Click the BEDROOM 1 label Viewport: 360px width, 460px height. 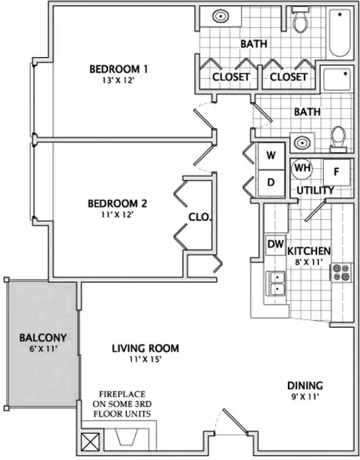tap(118, 69)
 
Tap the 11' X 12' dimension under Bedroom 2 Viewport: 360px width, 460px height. tap(118, 215)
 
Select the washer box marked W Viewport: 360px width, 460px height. tap(271, 155)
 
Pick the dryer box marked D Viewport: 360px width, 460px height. tap(271, 182)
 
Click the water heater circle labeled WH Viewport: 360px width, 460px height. tap(302, 169)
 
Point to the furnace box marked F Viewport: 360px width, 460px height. tap(337, 172)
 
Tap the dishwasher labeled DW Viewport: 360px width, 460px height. tap(275, 245)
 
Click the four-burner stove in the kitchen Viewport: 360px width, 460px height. tap(341, 272)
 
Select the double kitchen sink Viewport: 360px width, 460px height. tap(275, 284)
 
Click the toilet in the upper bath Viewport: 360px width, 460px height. tap(300, 20)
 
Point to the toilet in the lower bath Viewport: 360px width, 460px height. tap(338, 140)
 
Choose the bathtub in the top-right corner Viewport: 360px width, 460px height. tap(340, 33)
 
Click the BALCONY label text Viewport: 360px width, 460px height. tap(43, 338)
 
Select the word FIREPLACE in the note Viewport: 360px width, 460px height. tap(122, 394)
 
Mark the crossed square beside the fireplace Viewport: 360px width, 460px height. tap(90, 442)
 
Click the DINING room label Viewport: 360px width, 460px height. tap(305, 386)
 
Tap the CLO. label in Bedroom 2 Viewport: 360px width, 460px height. tap(200, 217)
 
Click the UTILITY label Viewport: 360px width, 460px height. tap(316, 191)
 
